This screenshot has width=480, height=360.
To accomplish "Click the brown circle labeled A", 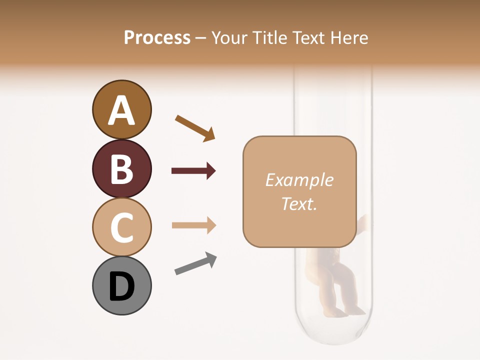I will (121, 109).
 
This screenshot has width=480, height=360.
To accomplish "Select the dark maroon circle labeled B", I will (121, 168).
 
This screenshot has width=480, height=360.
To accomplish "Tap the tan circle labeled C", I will (121, 227).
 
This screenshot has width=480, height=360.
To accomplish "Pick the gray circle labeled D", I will (121, 285).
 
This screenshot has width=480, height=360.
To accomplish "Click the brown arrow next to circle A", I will (195, 128).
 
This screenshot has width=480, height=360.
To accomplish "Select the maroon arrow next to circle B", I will (193, 171).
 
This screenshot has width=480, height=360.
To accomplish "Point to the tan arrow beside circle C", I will (193, 225).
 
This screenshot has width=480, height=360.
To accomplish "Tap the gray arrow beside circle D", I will (195, 263).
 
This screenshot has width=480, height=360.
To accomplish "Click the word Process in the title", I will (157, 38).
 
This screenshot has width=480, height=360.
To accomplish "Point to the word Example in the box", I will (299, 180).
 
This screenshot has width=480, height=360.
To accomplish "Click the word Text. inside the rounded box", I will (299, 203).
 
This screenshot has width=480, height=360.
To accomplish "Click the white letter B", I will (121, 169).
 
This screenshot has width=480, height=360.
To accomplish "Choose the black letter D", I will (121, 286).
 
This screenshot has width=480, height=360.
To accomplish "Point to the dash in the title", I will (200, 39).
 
